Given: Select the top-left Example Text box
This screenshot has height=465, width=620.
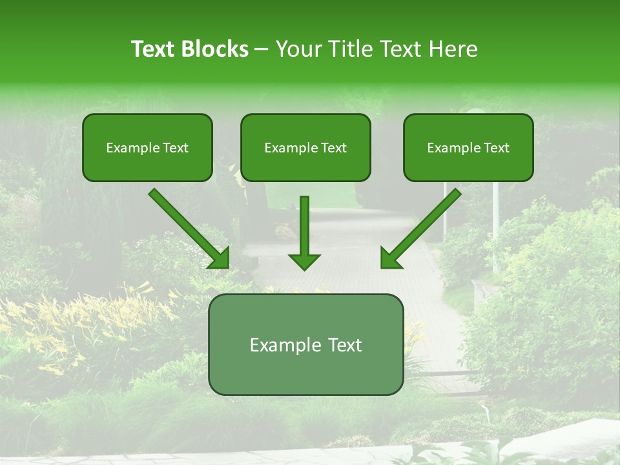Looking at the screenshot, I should (x=147, y=147).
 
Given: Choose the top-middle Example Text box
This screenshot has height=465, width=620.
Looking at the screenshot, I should (x=305, y=147).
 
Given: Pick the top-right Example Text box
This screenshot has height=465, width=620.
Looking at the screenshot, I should (x=468, y=147).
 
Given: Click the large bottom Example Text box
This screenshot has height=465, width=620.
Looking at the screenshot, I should (x=305, y=344).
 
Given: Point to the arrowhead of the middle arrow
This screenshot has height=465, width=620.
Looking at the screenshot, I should (x=304, y=261).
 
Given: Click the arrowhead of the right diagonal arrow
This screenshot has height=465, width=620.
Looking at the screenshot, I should (x=390, y=258).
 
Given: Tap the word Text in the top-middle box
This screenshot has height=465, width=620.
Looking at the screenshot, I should (x=333, y=148).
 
